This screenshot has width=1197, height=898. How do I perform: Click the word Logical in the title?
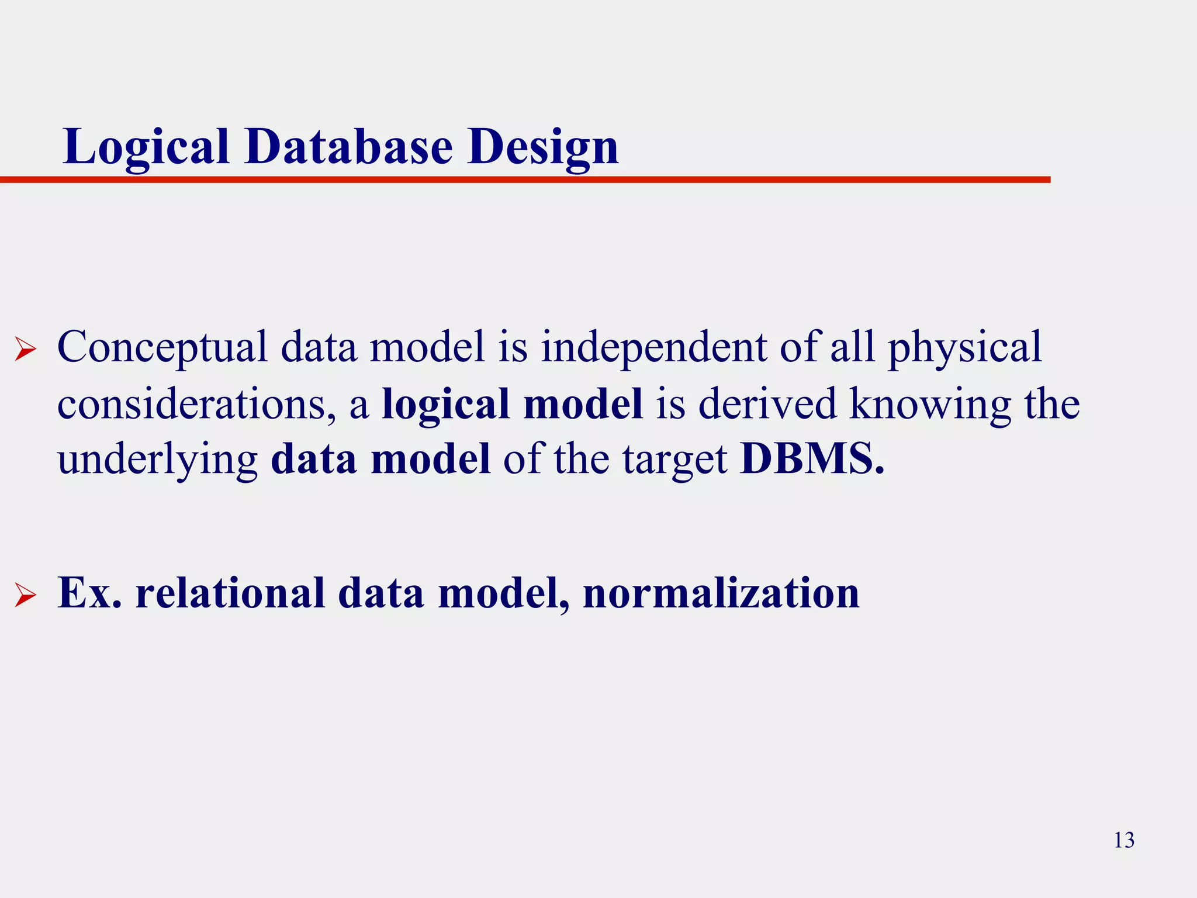[146, 147]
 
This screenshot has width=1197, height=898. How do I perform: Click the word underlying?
[158, 461]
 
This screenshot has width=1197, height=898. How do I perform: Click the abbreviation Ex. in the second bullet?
[90, 593]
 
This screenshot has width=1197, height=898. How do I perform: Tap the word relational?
[230, 593]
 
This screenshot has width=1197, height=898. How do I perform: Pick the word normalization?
[721, 593]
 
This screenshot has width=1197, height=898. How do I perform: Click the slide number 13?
[1124, 840]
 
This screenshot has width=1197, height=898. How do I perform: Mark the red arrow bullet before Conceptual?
[25, 350]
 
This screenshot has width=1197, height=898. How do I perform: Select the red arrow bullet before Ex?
[25, 596]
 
